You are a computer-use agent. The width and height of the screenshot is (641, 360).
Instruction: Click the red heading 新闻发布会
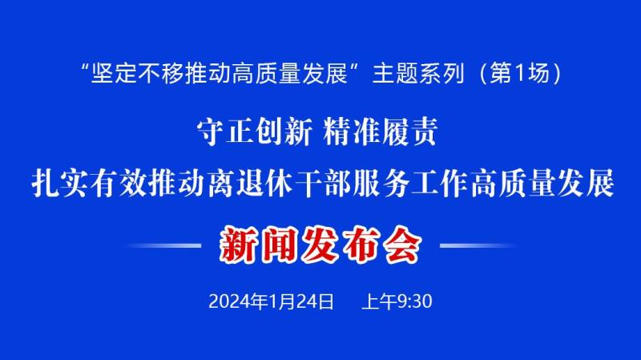pos(320,245)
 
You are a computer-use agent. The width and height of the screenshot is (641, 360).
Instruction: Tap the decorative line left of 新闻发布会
pos(163,245)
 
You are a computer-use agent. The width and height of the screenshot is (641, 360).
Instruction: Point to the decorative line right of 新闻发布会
pos(478,245)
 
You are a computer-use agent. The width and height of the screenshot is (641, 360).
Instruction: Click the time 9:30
pos(414,302)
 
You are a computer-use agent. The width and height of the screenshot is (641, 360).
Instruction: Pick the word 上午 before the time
pos(379,302)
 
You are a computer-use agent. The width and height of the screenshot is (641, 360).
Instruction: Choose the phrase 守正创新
pos(254,131)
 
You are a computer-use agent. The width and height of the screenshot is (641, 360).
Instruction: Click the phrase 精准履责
pos(380,131)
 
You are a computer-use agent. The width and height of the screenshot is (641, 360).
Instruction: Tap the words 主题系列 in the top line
pos(418,74)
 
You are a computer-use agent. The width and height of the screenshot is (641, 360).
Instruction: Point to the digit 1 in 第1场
pos(520,74)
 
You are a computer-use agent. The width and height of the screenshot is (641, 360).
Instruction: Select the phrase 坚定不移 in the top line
pos(138,74)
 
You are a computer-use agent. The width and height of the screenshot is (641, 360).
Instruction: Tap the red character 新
pos(237,245)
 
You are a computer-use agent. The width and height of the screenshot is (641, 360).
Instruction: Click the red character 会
pos(403,245)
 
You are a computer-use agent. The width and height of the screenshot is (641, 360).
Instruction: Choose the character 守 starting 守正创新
pos(211,131)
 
